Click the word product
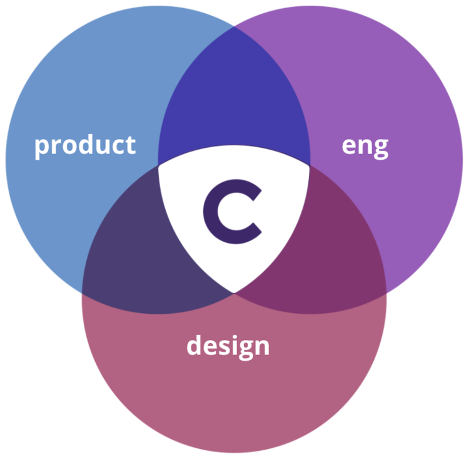84,145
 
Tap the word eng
365,146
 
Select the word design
228,345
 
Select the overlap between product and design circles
144,250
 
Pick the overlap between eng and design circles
325,250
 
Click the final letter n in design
261,346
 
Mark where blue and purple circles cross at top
234,26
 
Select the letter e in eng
350,146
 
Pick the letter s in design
221,346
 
